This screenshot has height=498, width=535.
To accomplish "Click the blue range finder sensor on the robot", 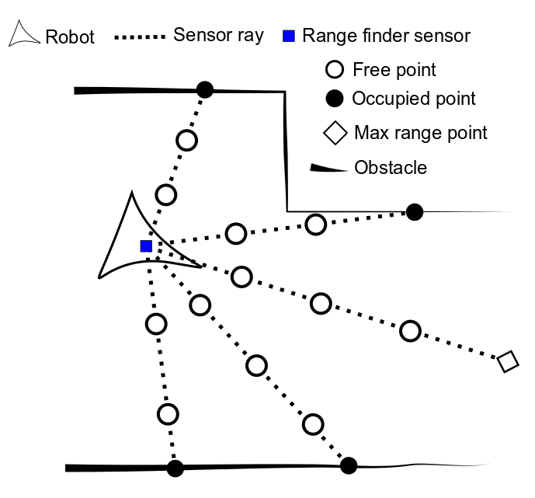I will click(x=146, y=246).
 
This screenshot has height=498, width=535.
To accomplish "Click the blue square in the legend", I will click(x=288, y=36).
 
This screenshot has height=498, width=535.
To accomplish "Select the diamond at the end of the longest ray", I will click(x=507, y=361).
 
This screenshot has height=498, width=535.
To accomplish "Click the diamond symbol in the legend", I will click(x=334, y=133).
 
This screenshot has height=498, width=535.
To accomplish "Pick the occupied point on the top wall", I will click(x=204, y=90).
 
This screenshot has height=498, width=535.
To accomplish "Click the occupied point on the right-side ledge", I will click(x=415, y=211).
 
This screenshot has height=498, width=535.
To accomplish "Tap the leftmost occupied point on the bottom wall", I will click(x=175, y=468).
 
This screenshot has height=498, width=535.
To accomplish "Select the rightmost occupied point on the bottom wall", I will click(x=349, y=465).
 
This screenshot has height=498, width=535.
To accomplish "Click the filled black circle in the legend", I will click(x=333, y=99).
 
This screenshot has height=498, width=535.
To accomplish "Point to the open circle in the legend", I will click(x=333, y=70).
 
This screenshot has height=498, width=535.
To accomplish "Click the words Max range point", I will click(x=420, y=133).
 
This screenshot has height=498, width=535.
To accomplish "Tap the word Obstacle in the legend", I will click(x=391, y=168).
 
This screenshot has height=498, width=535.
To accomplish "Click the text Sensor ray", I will click(x=218, y=36).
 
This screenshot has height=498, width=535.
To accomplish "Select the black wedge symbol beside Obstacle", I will click(x=328, y=167).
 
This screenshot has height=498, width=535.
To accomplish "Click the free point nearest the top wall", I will click(x=186, y=141).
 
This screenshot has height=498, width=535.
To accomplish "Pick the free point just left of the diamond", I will click(x=410, y=331).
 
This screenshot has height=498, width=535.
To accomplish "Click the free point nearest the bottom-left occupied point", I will click(x=168, y=414).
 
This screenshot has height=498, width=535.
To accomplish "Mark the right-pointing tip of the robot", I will click(x=201, y=266).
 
